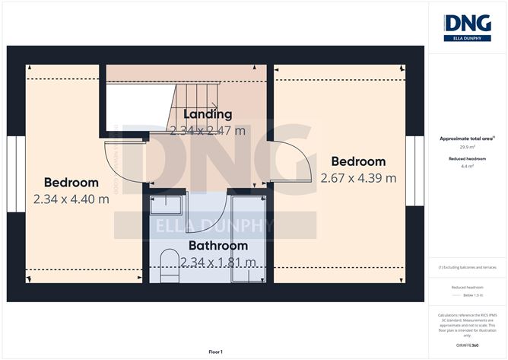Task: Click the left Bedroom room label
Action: click(71, 183)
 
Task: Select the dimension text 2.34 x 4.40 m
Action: click(71, 199)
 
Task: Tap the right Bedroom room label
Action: click(358, 162)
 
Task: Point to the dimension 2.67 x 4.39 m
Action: click(358, 178)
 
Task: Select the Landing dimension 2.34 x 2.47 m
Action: click(207, 130)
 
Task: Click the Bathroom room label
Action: click(217, 246)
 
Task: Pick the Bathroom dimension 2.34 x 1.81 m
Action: click(217, 263)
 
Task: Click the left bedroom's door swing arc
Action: click(122, 167)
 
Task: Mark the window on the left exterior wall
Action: click(12, 171)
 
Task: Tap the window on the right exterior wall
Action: click(415, 171)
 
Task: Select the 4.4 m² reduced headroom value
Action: click(467, 165)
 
